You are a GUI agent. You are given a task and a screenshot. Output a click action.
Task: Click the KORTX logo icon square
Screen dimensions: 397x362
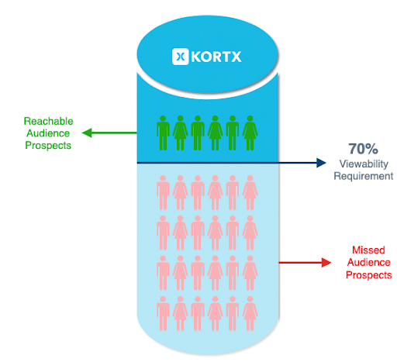pos(180,57)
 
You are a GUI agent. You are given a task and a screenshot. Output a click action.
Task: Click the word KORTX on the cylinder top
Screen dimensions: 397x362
pos(216,57)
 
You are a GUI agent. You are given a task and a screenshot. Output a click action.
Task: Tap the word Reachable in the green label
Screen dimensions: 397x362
pos(49,121)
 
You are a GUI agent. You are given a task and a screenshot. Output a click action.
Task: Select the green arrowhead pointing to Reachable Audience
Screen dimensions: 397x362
pos(87,133)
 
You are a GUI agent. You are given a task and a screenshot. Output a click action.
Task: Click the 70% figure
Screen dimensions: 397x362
pos(363,149)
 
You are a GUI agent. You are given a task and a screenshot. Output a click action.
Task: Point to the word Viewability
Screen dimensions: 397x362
pos(364,164)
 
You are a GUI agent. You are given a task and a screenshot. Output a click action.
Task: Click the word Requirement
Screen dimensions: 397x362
pos(364,176)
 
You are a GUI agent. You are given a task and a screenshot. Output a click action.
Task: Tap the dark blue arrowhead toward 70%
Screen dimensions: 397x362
pos(321,163)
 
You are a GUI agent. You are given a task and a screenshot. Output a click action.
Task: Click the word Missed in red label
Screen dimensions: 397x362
pos(368,250)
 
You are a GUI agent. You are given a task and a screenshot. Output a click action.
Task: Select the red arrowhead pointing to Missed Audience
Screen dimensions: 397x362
pos(326,263)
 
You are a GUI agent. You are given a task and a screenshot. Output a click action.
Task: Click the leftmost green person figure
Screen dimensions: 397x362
pos(163,133)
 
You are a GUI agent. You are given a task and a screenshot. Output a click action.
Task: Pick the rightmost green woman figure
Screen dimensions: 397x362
pos(250,133)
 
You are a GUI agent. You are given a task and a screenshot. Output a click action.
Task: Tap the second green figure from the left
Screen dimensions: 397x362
pos(180,133)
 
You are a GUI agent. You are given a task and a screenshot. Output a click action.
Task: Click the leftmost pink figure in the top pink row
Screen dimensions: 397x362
pos(163,192)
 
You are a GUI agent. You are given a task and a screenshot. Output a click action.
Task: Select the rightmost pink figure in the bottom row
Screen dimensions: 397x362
pos(250,313)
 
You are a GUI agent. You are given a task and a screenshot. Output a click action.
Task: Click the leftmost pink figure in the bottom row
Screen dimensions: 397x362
pos(163,313)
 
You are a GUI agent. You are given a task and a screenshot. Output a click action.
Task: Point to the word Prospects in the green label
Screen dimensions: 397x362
pos(48,146)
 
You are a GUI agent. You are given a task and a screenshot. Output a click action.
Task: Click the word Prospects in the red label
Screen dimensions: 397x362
pos(369,275)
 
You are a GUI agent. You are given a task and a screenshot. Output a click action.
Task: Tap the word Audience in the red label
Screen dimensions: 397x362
pos(368,262)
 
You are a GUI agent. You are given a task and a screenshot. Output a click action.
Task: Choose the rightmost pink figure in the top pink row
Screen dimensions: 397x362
pos(250,192)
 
